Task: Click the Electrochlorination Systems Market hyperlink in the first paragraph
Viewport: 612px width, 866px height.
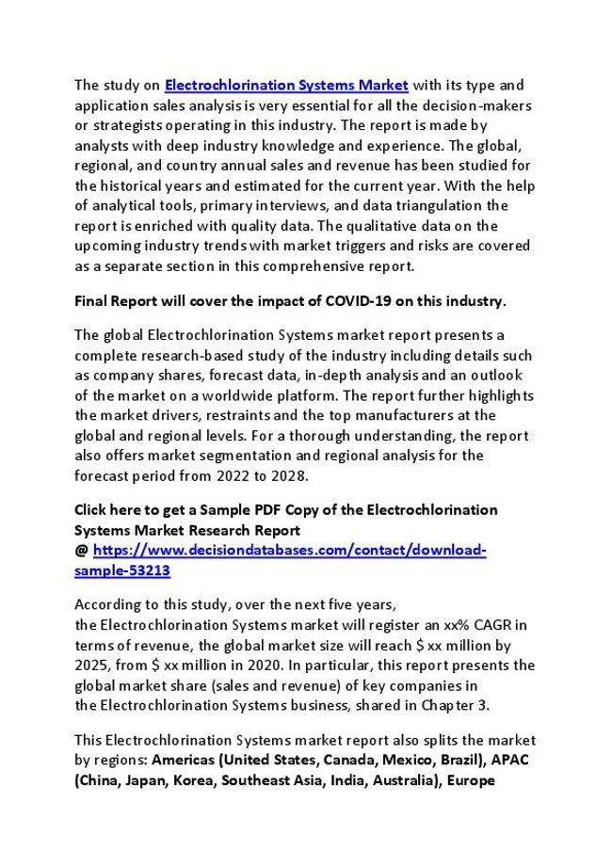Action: coord(286,85)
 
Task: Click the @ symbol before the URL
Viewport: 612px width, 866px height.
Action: coord(81,551)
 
